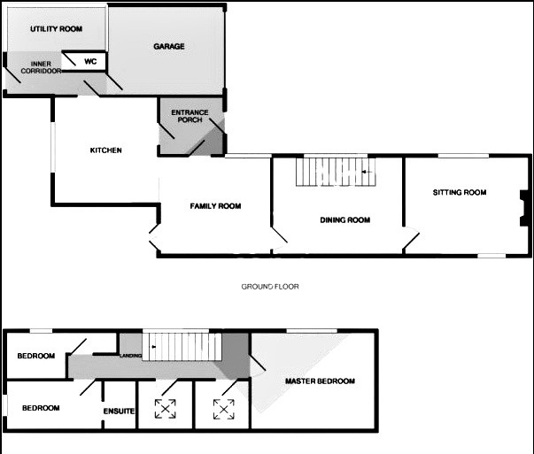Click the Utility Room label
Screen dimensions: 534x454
click(x=56, y=29)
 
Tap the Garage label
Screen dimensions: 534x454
click(x=169, y=46)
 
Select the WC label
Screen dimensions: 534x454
click(x=90, y=62)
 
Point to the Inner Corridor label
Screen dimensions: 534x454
click(x=41, y=67)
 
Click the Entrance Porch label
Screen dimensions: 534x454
click(x=190, y=116)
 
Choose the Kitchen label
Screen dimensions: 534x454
click(x=106, y=150)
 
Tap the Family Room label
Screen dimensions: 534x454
click(x=215, y=206)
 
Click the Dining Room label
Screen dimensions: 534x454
click(x=345, y=219)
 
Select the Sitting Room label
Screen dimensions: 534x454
click(x=460, y=192)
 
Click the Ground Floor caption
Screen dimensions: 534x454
click(x=270, y=287)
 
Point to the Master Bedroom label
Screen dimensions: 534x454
click(x=320, y=381)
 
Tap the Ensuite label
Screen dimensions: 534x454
click(x=119, y=412)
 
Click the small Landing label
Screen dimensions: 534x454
click(x=131, y=356)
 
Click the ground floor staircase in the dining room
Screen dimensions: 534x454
click(x=336, y=173)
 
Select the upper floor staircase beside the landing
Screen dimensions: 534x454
click(x=182, y=346)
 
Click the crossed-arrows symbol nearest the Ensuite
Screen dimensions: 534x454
click(x=166, y=409)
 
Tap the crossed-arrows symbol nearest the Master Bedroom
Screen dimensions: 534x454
click(x=224, y=410)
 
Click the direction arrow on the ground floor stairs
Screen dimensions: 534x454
click(x=368, y=173)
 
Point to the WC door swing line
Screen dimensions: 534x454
click(x=69, y=59)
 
